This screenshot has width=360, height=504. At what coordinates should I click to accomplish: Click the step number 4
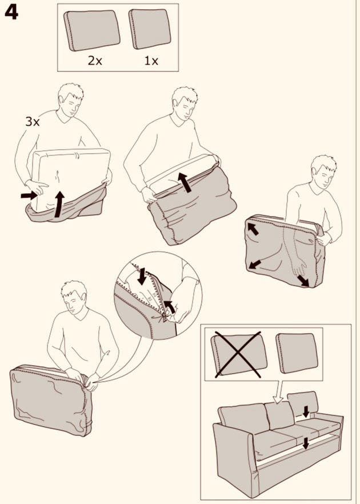click(x=11, y=13)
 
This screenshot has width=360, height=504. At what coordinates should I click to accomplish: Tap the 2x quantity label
click(x=95, y=61)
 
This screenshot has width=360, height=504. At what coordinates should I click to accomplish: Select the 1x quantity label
click(x=151, y=61)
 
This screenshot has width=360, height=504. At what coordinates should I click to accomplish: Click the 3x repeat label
click(x=32, y=122)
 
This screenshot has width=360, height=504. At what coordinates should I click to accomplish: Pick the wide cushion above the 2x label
click(x=91, y=30)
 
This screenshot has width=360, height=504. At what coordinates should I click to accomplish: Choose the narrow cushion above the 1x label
click(x=150, y=29)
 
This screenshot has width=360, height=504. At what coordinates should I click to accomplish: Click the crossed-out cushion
click(x=239, y=354)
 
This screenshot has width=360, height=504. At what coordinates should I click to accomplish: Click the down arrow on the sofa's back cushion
click(x=306, y=411)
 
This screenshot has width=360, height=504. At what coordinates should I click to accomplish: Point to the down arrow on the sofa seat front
click(x=306, y=443)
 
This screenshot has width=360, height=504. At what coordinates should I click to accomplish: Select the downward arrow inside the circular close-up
click(x=142, y=276)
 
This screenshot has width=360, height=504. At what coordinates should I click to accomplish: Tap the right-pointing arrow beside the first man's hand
click(x=29, y=195)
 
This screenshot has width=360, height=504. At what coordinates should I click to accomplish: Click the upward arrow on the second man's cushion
click(x=185, y=182)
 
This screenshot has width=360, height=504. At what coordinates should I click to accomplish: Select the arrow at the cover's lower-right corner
click(x=303, y=281)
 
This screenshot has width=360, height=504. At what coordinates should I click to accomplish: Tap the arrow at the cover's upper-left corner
click(x=253, y=229)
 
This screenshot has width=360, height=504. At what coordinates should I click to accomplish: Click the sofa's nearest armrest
click(x=234, y=457)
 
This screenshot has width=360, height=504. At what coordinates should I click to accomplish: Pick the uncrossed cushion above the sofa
click(x=297, y=353)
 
